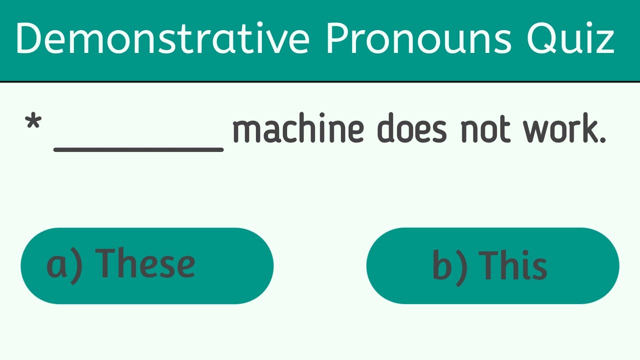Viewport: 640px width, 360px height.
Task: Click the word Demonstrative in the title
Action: pyautogui.click(x=162, y=39)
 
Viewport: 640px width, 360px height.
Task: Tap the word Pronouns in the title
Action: pyautogui.click(x=419, y=39)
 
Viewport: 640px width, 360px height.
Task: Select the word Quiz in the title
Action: pyautogui.click(x=570, y=39)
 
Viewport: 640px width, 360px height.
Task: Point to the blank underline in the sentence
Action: pyautogui.click(x=138, y=148)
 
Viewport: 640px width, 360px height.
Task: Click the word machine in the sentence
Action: pyautogui.click(x=298, y=130)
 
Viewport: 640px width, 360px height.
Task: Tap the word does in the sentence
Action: pyautogui.click(x=411, y=130)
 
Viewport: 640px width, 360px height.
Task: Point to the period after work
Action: pyautogui.click(x=602, y=140)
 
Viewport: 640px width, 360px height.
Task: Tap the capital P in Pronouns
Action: pyautogui.click(x=336, y=39)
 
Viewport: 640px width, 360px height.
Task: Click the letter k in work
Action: pyautogui.click(x=588, y=130)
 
